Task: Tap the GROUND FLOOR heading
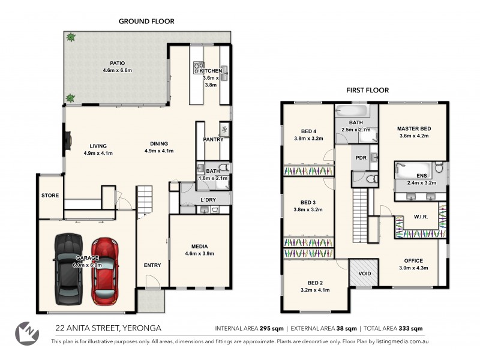[146, 21]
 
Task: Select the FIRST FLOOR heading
[367, 90]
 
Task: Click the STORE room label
[50, 196]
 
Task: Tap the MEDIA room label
[199, 246]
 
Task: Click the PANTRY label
[213, 140]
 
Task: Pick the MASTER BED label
[414, 128]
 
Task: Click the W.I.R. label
[420, 218]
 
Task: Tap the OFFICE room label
[413, 261]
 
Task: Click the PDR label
[361, 158]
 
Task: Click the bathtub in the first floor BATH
[352, 111]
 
